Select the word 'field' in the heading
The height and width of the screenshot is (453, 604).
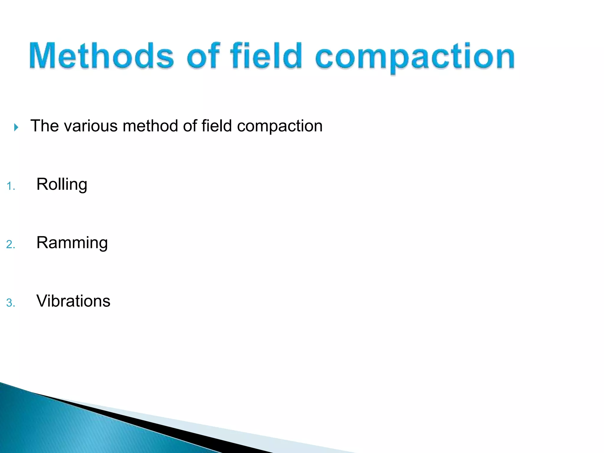266,56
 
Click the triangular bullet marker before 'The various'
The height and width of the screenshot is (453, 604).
16,127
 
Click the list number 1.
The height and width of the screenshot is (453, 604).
10,186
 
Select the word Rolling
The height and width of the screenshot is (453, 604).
62,185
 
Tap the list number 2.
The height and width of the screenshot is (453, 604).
10,244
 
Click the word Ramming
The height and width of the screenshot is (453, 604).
72,243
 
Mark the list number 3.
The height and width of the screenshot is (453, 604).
10,303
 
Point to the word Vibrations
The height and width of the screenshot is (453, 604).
73,301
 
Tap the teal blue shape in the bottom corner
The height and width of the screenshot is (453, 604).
59,428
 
